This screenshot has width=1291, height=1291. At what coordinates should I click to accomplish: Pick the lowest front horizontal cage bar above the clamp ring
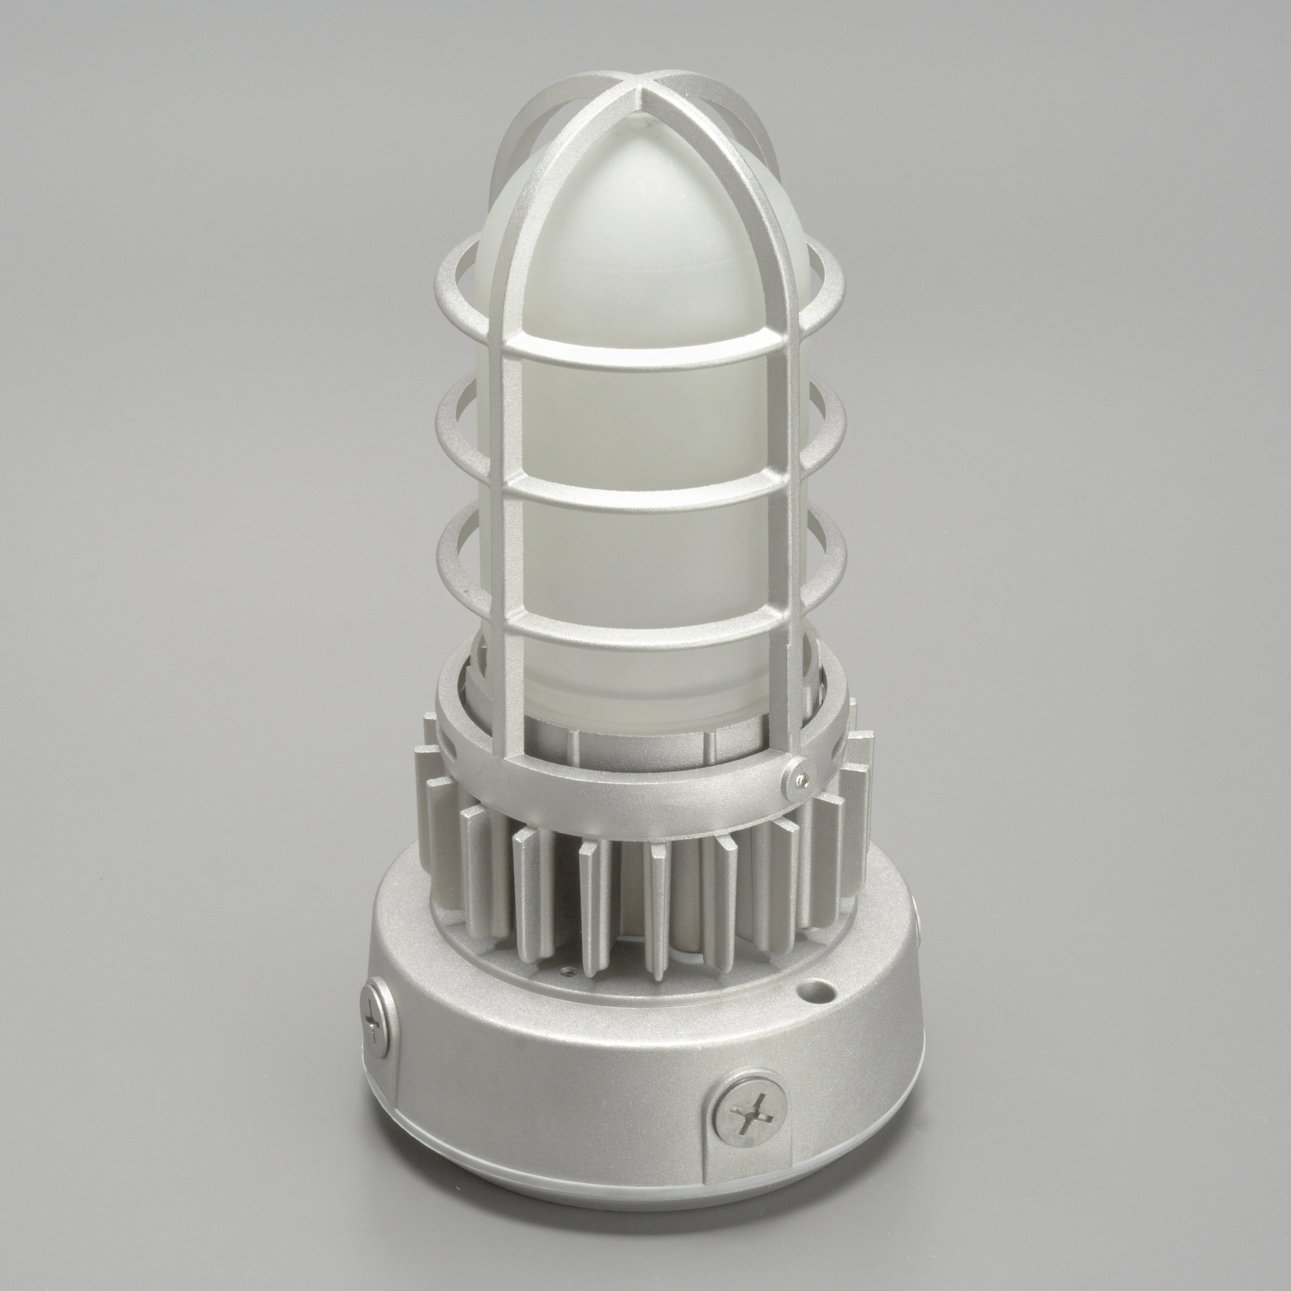point(638,625)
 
